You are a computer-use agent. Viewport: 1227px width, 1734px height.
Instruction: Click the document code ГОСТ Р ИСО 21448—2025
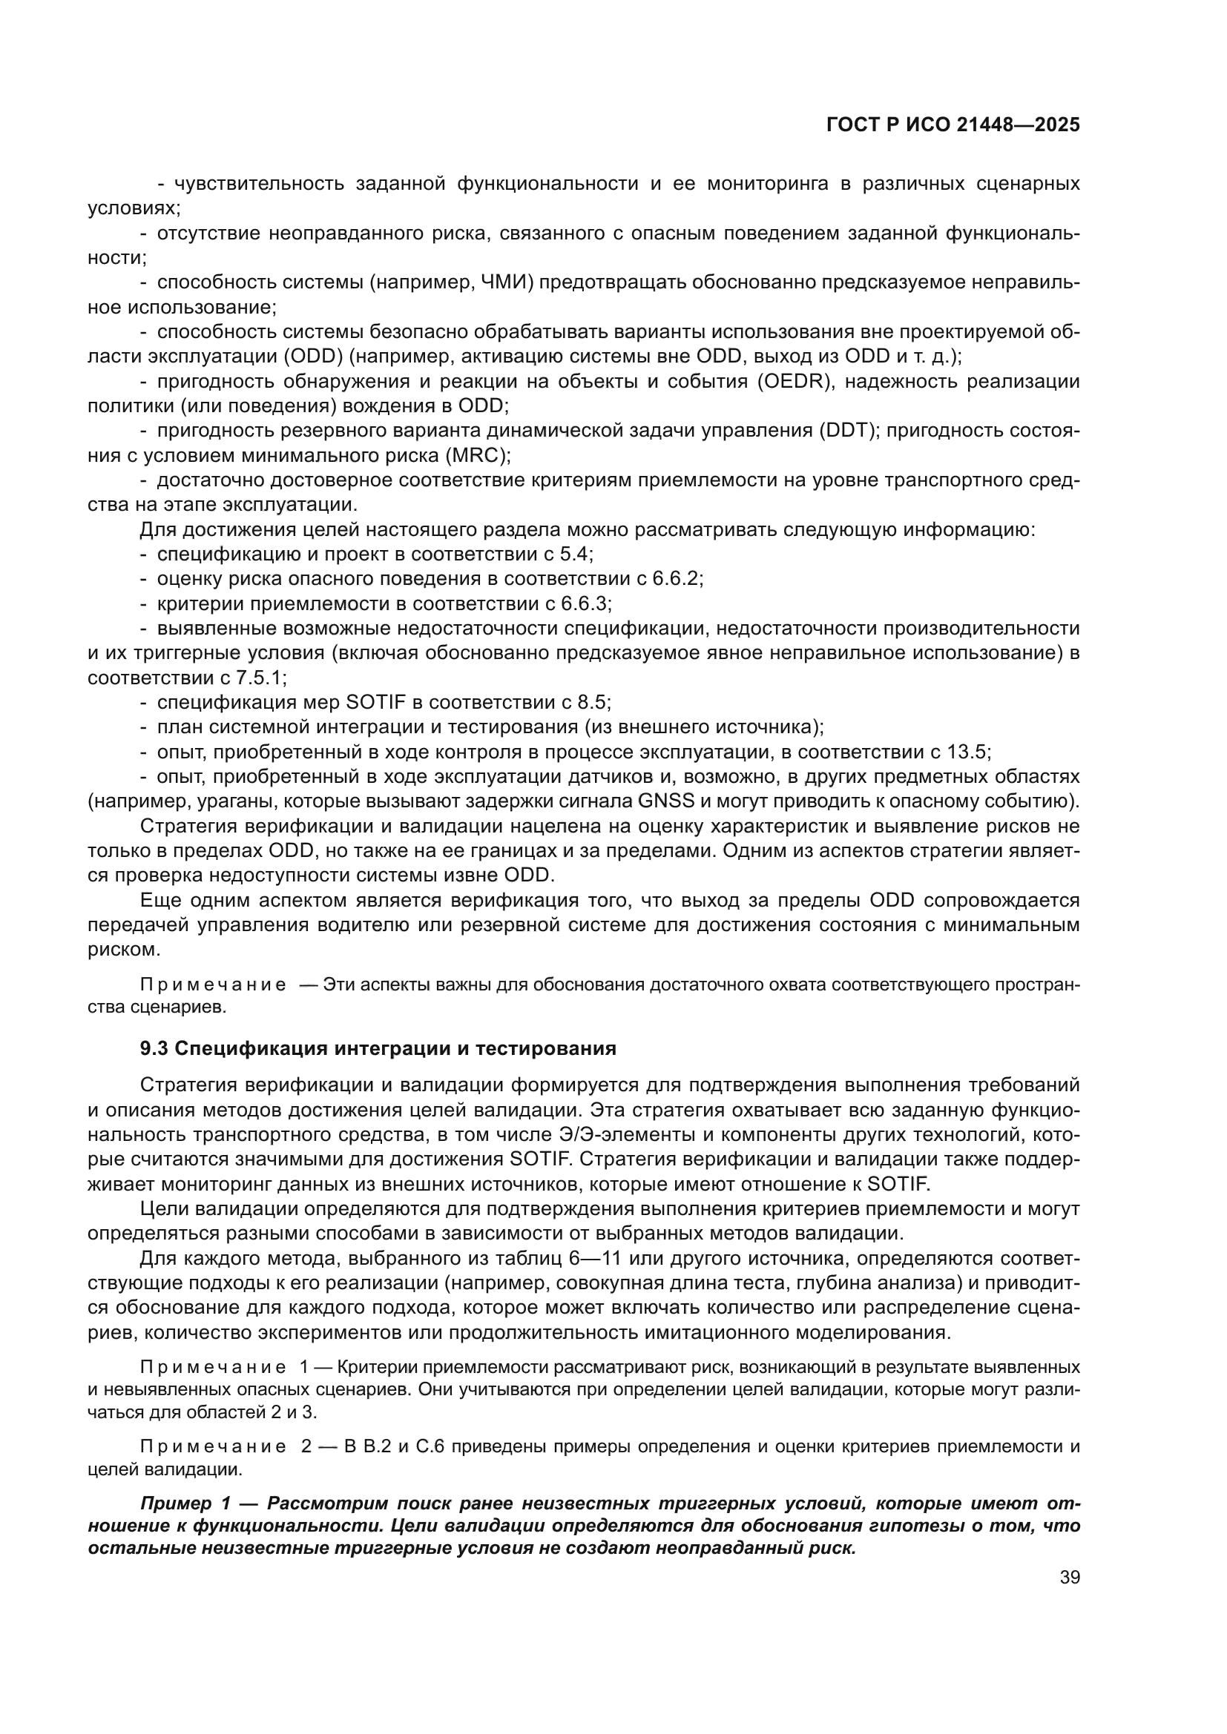[953, 125]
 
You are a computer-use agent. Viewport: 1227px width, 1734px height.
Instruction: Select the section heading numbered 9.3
[378, 1049]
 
